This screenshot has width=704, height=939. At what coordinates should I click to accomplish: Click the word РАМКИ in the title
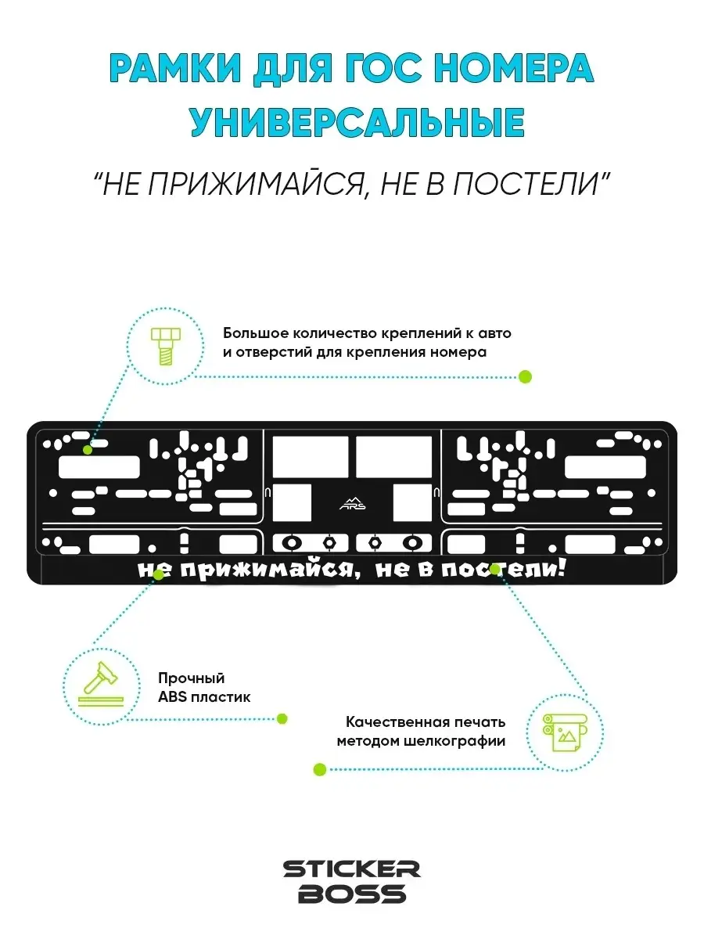click(x=175, y=68)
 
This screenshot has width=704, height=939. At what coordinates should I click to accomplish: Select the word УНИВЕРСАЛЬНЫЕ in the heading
click(x=357, y=122)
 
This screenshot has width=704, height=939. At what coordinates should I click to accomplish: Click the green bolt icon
click(x=165, y=346)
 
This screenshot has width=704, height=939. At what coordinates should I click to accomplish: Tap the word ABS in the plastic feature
click(x=172, y=697)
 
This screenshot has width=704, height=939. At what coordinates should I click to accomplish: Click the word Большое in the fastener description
click(x=253, y=333)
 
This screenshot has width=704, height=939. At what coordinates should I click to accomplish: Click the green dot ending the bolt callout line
click(x=525, y=377)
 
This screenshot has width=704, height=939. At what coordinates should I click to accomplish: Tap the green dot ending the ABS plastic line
click(x=282, y=718)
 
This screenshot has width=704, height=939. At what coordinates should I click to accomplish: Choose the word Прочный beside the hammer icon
click(x=191, y=678)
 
